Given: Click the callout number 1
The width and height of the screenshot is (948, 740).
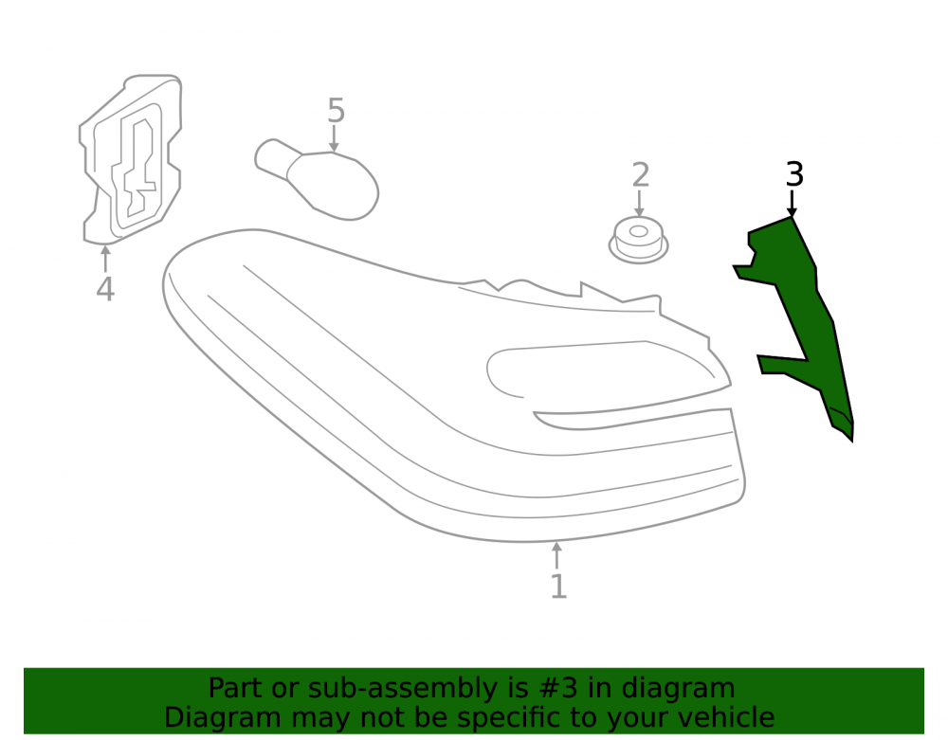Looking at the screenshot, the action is point(558,586).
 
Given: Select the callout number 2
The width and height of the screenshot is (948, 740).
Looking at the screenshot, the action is point(640,175).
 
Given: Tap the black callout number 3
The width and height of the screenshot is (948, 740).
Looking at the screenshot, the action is point(793,174).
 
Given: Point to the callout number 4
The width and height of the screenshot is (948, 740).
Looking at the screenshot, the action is point(105,289).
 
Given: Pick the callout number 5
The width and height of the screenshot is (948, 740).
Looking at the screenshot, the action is point(337,111).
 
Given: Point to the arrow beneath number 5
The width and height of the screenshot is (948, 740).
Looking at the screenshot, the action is point(334,138).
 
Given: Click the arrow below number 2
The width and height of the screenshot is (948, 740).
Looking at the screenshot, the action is point(639,204).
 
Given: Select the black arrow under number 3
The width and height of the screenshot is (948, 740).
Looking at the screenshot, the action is point(792,203).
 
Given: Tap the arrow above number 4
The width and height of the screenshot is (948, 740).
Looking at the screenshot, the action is point(106,258).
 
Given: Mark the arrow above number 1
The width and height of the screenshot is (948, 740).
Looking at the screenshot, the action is point(556,555).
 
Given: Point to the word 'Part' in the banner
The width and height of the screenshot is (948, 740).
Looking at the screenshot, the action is point(236,688).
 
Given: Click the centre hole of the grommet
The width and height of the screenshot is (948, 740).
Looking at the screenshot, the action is point(638,231).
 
